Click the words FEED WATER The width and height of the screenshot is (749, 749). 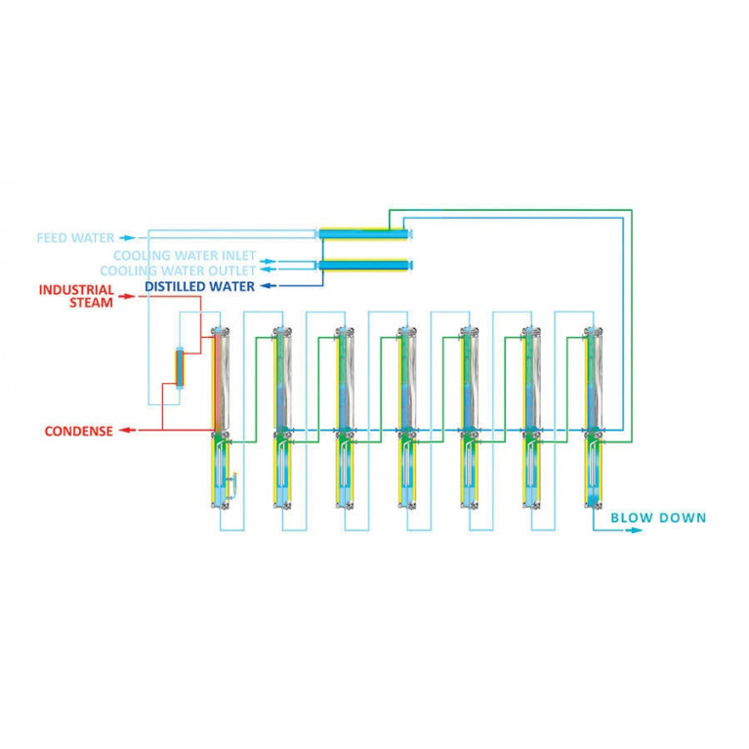pyautogui.click(x=75, y=237)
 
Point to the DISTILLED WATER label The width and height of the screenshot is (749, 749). pyautogui.click(x=199, y=286)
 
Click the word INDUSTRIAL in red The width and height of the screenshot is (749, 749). pyautogui.click(x=76, y=290)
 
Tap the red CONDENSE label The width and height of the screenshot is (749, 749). pyautogui.click(x=78, y=431)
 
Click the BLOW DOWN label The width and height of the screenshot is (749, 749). pyautogui.click(x=657, y=518)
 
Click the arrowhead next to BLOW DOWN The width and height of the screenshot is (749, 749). pyautogui.click(x=635, y=530)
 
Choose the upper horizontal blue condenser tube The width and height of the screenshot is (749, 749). pyautogui.click(x=363, y=233)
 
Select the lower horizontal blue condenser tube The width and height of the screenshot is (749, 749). pyautogui.click(x=363, y=265)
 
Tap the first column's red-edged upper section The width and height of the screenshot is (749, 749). pyautogui.click(x=220, y=381)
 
